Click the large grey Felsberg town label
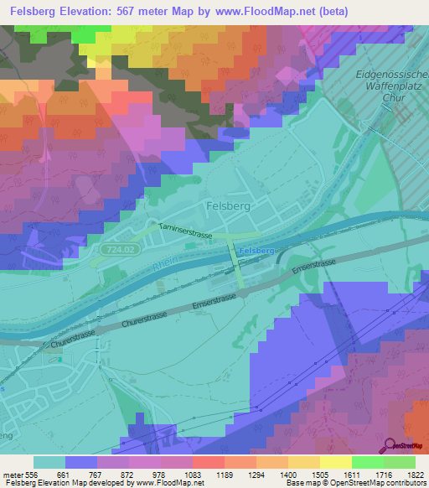point(227,205)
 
